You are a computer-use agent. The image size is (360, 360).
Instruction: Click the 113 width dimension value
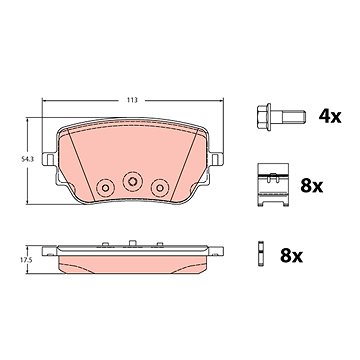[132, 100]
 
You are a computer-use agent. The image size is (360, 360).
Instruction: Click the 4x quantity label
[330, 117]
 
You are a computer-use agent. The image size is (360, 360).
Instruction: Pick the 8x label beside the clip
[312, 186]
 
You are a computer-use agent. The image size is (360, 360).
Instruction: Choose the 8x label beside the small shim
[291, 256]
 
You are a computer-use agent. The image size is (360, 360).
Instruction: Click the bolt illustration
[281, 117]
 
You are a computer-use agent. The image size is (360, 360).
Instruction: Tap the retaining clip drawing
[273, 185]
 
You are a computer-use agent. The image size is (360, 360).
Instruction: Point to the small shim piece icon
[261, 253]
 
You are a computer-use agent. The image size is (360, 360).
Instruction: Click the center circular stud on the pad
[133, 181]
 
